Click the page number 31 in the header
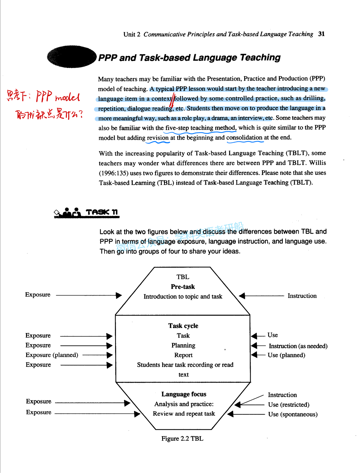321,34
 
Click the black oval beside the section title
72,57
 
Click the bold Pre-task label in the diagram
183,287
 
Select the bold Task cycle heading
183,326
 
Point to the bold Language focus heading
184,394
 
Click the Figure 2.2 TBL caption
182,439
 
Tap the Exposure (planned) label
52,355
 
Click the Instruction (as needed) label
298,346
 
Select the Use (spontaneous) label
293,414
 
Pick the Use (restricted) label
288,404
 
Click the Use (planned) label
286,355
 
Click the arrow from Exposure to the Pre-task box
89,295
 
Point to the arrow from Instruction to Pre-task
262,296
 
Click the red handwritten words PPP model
58,97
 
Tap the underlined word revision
158,138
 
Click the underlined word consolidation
244,138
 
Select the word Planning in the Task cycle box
183,345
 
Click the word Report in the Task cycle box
183,355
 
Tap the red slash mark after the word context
173,101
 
